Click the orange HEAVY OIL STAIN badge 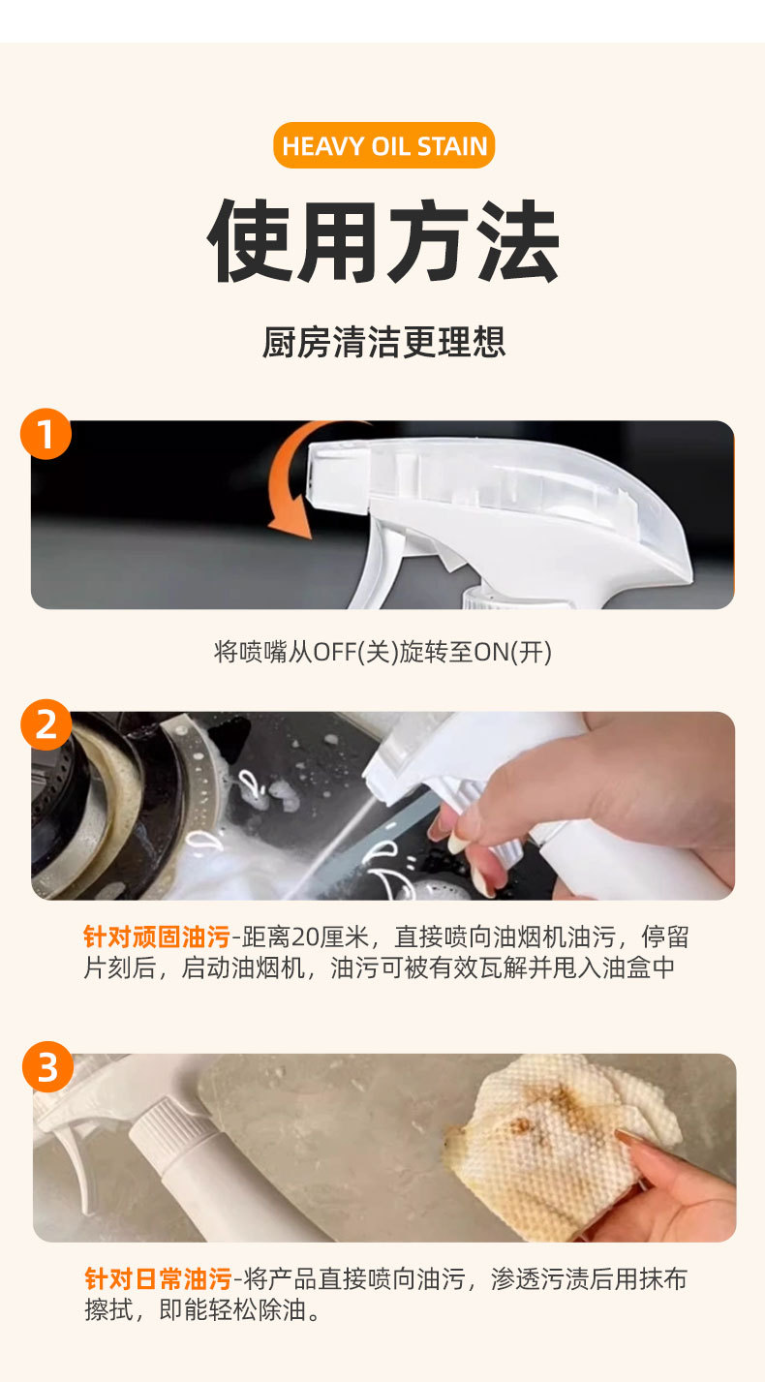coord(383,145)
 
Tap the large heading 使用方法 coord(383,241)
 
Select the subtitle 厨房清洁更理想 coord(383,342)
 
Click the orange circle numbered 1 coord(46,434)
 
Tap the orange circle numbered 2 coord(46,724)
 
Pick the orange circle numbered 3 coord(48,1066)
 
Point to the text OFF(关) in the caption coord(356,652)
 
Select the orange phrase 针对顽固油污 coord(157,937)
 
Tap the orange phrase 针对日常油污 coord(158,1279)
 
